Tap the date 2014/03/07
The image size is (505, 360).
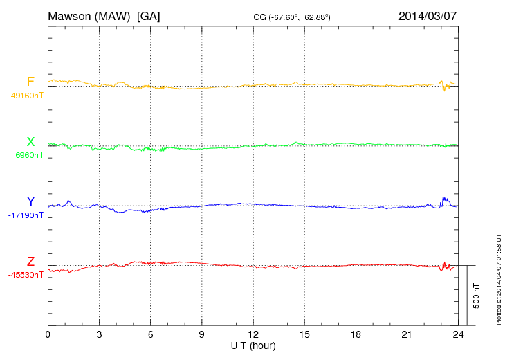coord(427,15)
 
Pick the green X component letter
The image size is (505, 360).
coord(30,142)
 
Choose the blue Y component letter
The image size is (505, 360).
coord(30,201)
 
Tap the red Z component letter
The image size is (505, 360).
coord(30,261)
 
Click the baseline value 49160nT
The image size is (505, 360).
coord(26,96)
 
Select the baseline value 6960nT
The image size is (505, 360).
coord(29,155)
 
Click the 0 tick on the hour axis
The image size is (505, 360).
coord(48,334)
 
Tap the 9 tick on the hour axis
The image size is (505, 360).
coord(201,334)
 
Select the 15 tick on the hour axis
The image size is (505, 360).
coord(304,334)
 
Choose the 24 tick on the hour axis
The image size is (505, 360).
coord(457,334)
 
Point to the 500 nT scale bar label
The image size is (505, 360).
coord(477,296)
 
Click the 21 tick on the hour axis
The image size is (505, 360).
coord(406,334)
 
